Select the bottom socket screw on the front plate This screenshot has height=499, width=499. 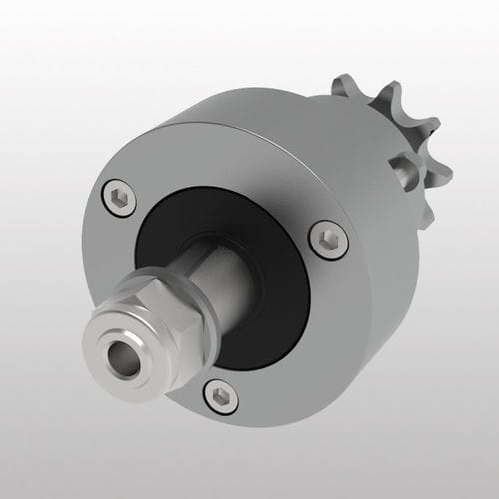tap(219, 396)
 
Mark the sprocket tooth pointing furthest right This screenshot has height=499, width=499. tap(439, 165)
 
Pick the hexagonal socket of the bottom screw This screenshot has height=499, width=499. tap(219, 396)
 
